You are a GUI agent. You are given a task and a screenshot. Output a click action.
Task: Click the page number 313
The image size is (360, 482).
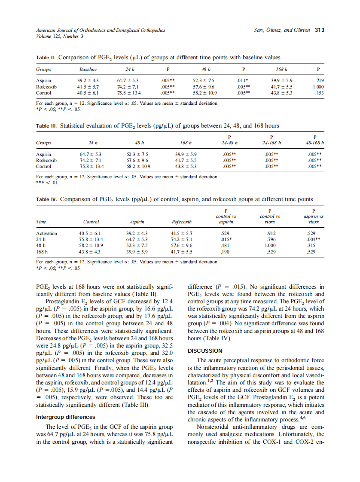[x=319, y=30]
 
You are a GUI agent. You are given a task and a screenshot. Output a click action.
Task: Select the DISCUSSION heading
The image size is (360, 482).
[x=205, y=351]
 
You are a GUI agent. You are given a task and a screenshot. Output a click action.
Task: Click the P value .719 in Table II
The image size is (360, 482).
[x=318, y=80]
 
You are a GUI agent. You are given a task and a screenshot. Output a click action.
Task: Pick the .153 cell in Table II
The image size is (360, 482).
[x=318, y=92]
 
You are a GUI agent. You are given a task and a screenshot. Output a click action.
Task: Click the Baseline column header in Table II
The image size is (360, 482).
[x=88, y=69]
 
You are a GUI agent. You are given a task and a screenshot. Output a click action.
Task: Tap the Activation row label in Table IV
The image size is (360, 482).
[x=47, y=234]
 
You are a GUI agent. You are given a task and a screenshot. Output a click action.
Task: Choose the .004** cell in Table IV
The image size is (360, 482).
[x=313, y=240]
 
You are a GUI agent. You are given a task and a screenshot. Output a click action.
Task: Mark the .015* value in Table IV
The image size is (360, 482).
[x=226, y=240]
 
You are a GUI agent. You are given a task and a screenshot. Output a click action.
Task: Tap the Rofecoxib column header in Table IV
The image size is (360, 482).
[x=181, y=222]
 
